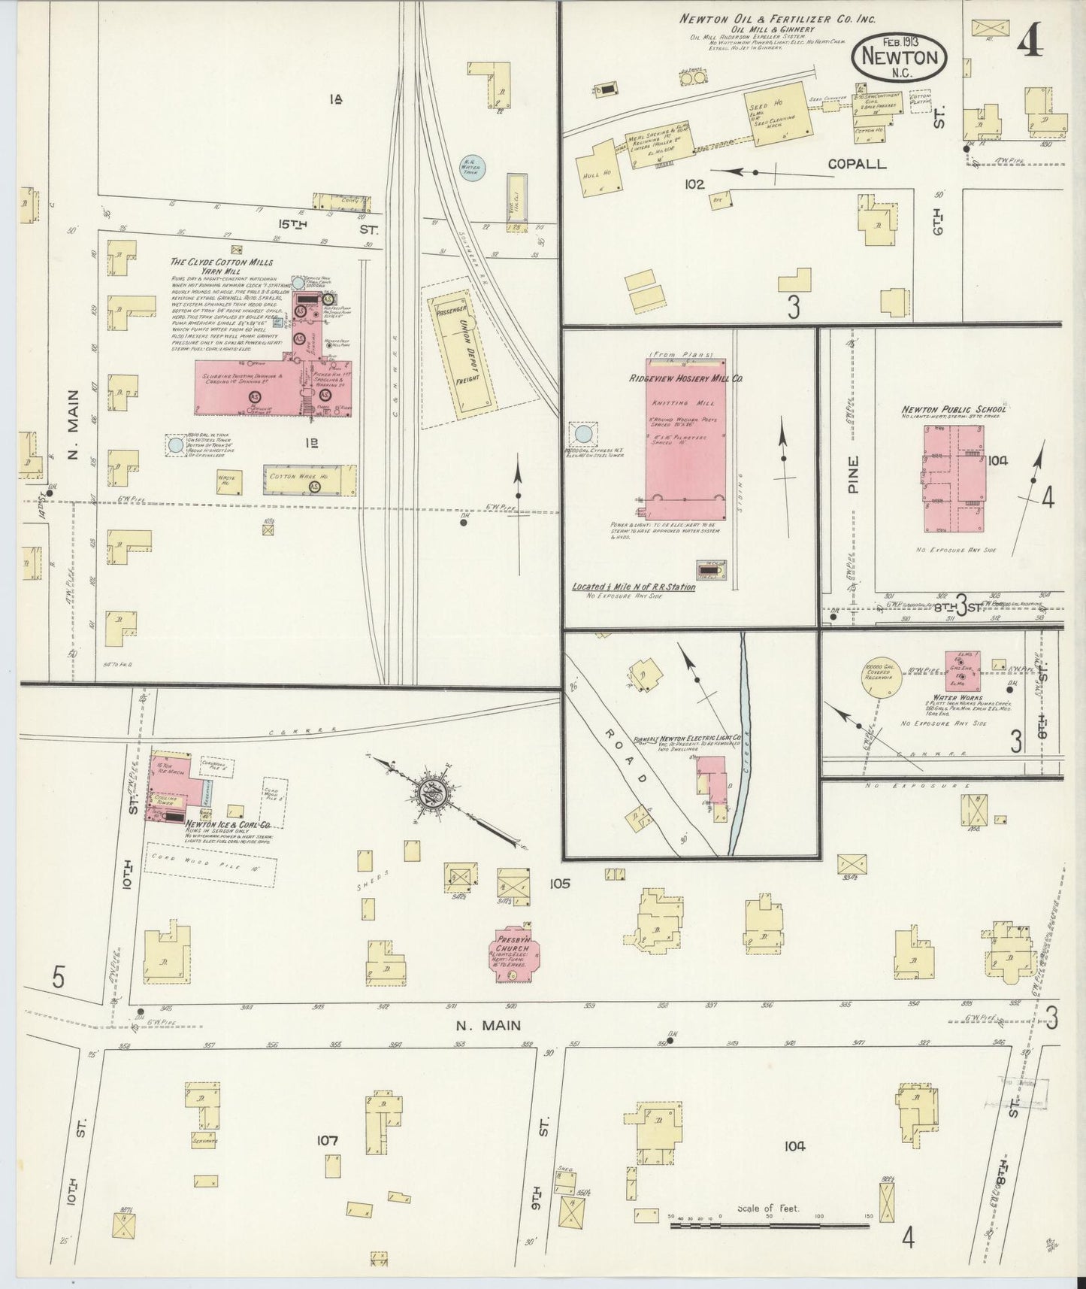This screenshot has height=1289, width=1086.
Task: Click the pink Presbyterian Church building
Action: [x=511, y=954]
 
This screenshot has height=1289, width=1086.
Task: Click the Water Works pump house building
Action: [x=961, y=670]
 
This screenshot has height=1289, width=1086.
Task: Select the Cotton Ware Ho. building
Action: [x=309, y=479]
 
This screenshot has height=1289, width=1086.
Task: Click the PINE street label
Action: [x=852, y=475]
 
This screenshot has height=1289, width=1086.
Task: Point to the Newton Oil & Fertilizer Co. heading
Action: [x=779, y=18]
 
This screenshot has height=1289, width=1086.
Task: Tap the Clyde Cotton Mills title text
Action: [x=222, y=262]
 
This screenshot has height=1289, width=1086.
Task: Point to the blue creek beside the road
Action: [x=740, y=752]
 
